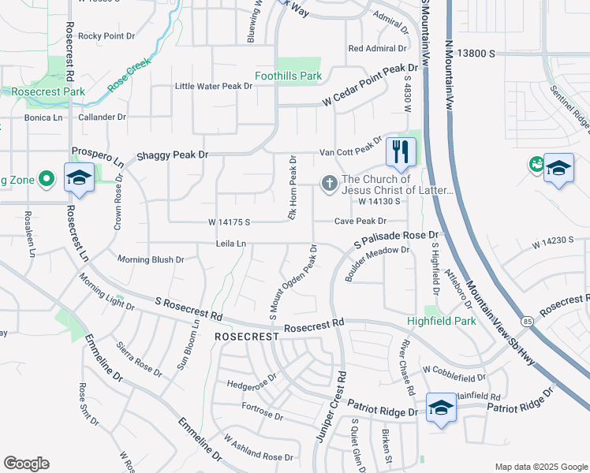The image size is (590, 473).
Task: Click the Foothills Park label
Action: pyautogui.click(x=288, y=76)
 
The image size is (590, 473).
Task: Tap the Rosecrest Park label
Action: pyautogui.click(x=47, y=91)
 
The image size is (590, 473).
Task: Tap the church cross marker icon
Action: pyautogui.click(x=329, y=184)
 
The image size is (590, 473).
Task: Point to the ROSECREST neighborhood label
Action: pyautogui.click(x=247, y=336)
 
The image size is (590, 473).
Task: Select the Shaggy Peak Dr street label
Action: pyautogui.click(x=173, y=155)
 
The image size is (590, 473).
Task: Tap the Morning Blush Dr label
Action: pyautogui.click(x=150, y=259)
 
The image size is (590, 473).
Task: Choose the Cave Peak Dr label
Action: pyautogui.click(x=360, y=222)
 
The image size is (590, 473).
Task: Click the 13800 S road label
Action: pyautogui.click(x=476, y=53)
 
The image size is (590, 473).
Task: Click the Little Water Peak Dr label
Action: pyautogui.click(x=213, y=86)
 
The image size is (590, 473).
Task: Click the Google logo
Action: pyautogui.click(x=26, y=464)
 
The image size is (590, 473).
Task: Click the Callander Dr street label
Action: pyautogui.click(x=102, y=117)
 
